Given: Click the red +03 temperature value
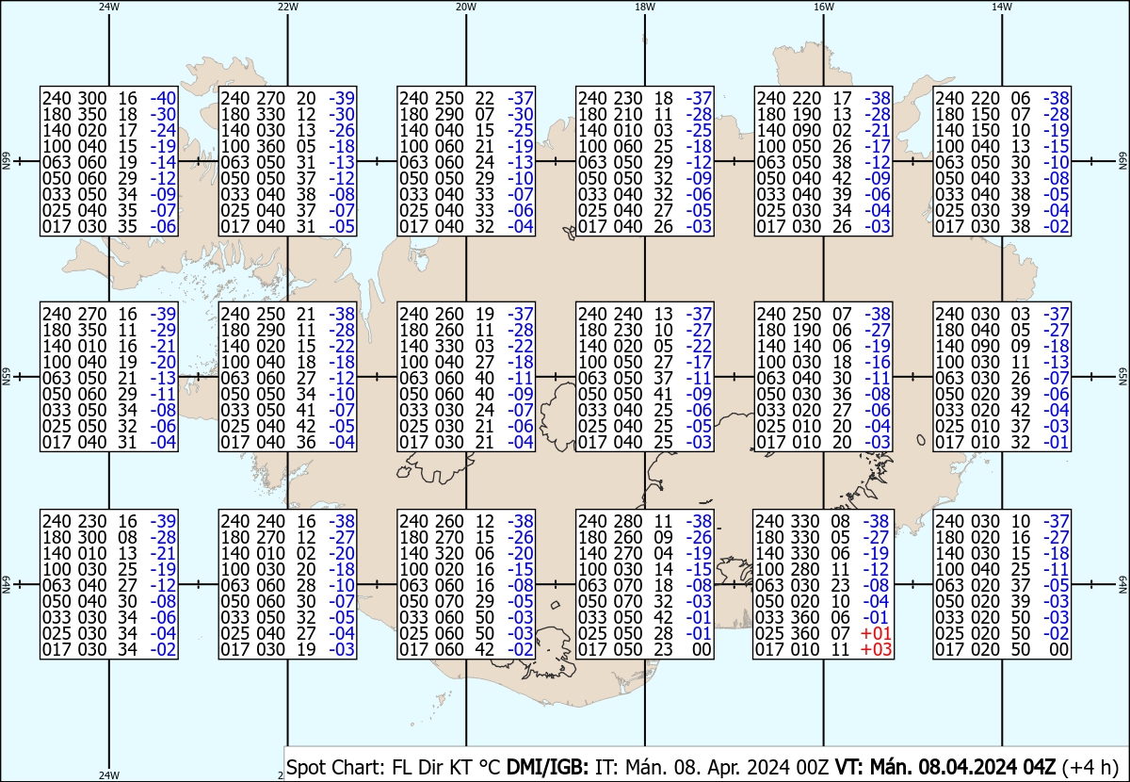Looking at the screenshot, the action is tap(876, 649).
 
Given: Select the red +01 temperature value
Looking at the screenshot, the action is tap(876, 633).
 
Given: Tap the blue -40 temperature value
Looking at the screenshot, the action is tap(163, 98).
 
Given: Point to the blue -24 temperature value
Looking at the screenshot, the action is tap(163, 130).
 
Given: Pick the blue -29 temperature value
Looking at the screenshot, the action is tap(163, 330).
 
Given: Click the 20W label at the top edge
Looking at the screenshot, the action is tap(466, 8).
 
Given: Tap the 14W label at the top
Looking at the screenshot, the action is tap(1002, 8).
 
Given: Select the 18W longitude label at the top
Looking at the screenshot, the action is tap(645, 8).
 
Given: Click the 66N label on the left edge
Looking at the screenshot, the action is tap(7, 161).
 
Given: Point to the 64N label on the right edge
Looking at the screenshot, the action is tap(1123, 584).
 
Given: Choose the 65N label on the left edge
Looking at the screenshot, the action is tap(7, 377).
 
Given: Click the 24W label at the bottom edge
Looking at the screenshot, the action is tap(109, 775).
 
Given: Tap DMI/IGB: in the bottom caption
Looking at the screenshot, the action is tap(547, 767).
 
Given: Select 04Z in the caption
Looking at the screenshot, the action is tap(1040, 767).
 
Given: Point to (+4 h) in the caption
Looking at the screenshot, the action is tap(1090, 767).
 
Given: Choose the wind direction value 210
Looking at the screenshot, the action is tap(627, 114).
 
